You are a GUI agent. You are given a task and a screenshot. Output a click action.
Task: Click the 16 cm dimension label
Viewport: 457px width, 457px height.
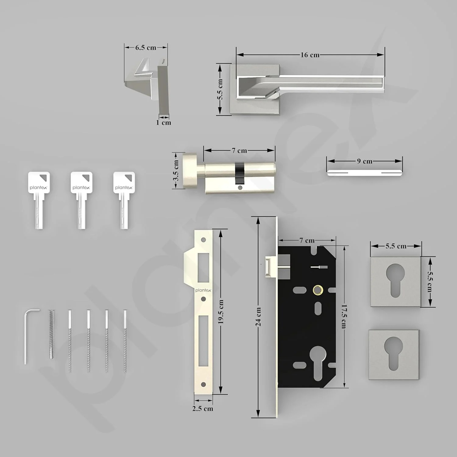click(x=310, y=55)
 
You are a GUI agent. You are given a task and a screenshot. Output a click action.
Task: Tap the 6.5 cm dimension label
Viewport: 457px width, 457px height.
click(x=146, y=48)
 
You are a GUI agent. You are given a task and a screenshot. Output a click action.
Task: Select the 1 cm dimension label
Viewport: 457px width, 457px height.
click(x=164, y=122)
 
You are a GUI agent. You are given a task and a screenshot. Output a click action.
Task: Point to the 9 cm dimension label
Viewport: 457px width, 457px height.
click(x=365, y=161)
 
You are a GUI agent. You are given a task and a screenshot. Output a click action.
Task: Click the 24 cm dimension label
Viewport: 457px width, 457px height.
click(x=258, y=317)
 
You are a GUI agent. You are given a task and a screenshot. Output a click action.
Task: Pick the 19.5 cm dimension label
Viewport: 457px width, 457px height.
click(x=221, y=312)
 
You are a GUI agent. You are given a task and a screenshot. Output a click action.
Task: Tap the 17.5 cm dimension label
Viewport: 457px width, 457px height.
click(x=344, y=316)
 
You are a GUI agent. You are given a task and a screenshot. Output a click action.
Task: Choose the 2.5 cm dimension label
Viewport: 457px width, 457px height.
click(x=203, y=409)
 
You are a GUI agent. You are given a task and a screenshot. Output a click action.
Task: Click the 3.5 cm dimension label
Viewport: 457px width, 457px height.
click(x=176, y=170)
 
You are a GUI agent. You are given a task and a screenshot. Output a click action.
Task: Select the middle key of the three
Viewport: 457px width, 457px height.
click(x=81, y=200)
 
